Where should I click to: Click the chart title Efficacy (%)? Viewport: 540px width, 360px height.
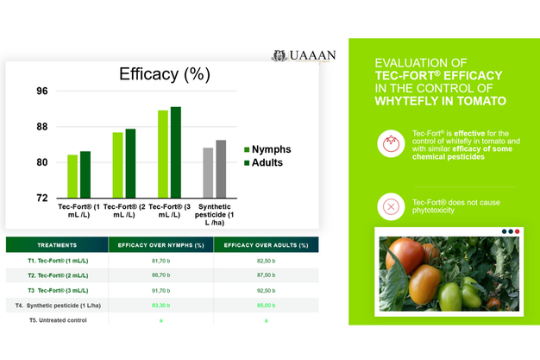(x=164, y=74)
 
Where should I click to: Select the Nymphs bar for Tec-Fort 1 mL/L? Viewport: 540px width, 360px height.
(x=73, y=176)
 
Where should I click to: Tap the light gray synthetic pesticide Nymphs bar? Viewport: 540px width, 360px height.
(x=208, y=173)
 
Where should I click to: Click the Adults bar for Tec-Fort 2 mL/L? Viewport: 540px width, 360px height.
(x=131, y=163)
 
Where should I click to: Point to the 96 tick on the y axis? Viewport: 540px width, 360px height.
(x=42, y=92)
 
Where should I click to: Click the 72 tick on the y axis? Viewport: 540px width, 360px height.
(x=42, y=198)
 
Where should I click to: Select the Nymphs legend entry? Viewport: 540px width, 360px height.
(x=267, y=149)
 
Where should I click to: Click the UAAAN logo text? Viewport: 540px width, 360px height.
(x=313, y=57)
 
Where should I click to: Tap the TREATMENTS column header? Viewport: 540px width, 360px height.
(x=58, y=245)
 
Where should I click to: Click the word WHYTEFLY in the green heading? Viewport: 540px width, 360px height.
(x=411, y=100)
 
